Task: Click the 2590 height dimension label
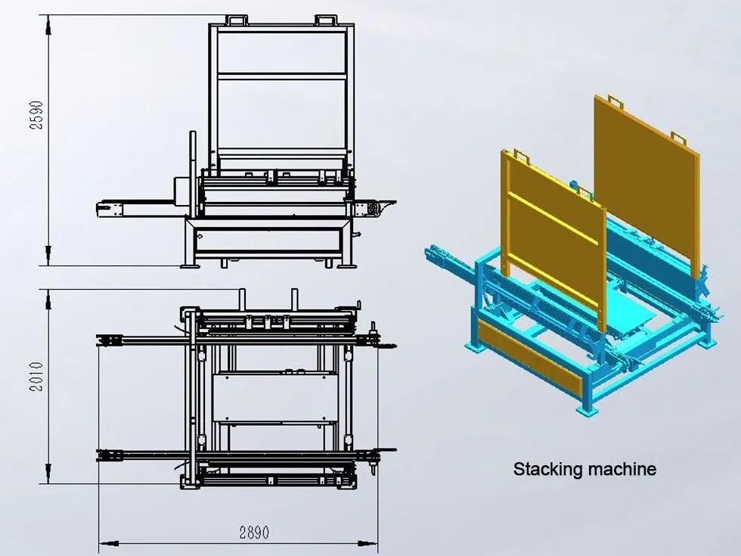(37, 115)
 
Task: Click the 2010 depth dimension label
(37, 377)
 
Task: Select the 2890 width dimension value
(254, 533)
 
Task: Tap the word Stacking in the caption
(547, 470)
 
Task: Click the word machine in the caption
(621, 469)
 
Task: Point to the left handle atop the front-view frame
(236, 20)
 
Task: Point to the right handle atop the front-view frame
(326, 20)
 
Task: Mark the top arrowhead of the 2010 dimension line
(48, 300)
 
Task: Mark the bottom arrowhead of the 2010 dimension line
(48, 474)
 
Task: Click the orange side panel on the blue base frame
(529, 356)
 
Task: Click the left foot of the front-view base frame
(190, 266)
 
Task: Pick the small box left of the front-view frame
(181, 191)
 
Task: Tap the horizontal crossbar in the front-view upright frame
(281, 76)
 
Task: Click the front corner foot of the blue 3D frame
(587, 410)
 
